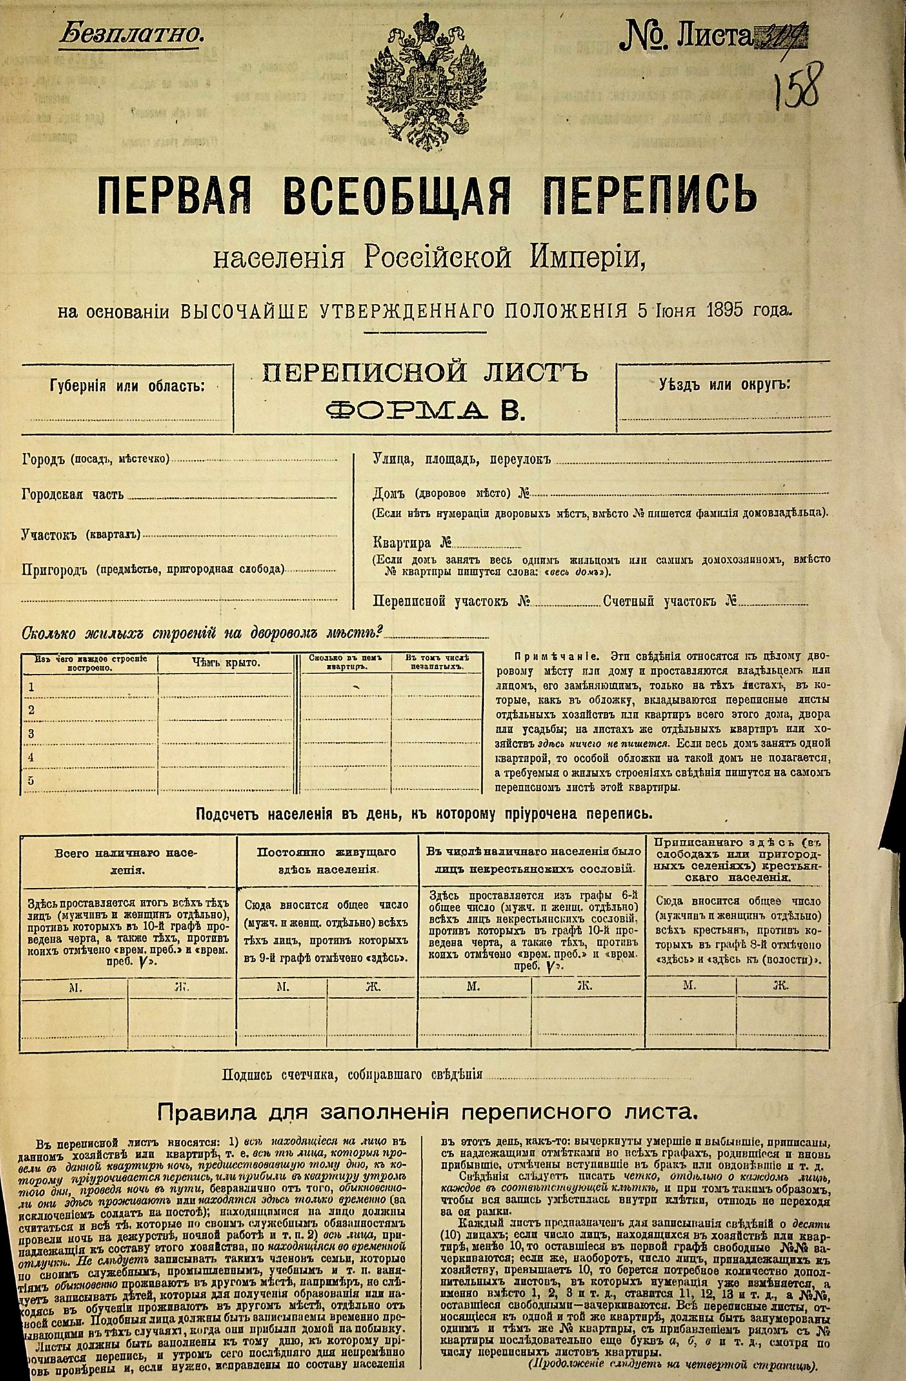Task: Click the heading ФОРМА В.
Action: (425, 410)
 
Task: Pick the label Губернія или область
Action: (126, 386)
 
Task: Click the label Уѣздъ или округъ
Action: (723, 384)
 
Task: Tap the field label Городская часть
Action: (72, 495)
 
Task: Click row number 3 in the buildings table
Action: (30, 733)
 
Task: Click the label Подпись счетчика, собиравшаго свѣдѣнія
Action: (352, 1075)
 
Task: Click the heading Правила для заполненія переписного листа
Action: (429, 1112)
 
